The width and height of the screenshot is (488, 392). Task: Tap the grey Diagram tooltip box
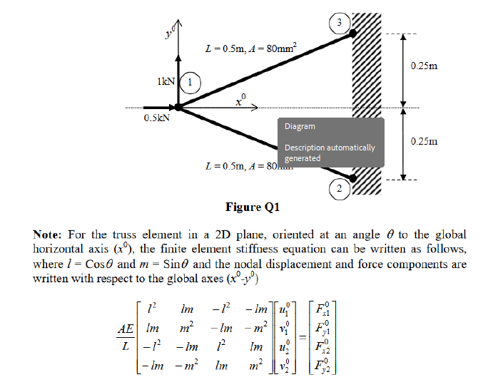331,142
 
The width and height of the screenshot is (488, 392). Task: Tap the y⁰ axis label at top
167,31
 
